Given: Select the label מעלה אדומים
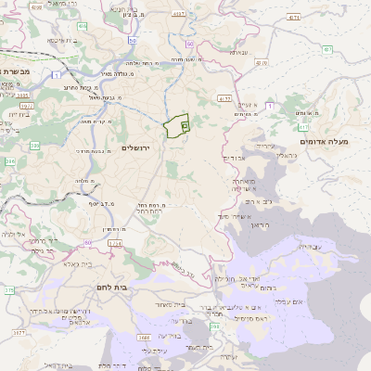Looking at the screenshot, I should coord(324,142).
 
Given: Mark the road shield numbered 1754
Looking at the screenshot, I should coord(114,243).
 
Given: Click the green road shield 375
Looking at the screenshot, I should coord(8,290).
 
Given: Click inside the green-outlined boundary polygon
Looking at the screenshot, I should coord(173,127).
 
